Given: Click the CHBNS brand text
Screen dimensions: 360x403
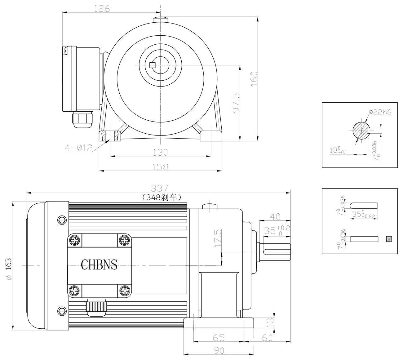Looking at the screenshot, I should click(x=99, y=264).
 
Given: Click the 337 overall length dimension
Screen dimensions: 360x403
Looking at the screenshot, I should click(x=159, y=188).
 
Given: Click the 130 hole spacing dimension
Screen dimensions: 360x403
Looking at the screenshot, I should click(x=160, y=152).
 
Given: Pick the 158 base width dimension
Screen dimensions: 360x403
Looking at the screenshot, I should click(x=160, y=167).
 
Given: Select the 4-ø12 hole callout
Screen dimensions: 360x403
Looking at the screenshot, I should click(x=78, y=148).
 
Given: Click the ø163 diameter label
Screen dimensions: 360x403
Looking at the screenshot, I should click(x=8, y=269).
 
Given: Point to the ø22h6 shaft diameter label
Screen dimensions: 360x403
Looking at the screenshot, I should click(x=380, y=112).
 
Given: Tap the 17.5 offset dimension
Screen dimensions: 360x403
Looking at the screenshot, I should click(x=218, y=238).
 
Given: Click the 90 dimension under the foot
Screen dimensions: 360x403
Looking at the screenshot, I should click(x=219, y=350).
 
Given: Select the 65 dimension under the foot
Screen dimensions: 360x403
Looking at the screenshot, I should click(x=219, y=337).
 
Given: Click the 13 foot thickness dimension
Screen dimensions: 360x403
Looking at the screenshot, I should click(x=270, y=322).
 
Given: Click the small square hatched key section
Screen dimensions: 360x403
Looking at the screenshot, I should click(x=389, y=239).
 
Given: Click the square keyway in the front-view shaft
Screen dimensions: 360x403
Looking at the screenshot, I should click(x=152, y=65).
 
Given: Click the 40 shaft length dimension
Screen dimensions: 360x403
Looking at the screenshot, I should click(x=275, y=216).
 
